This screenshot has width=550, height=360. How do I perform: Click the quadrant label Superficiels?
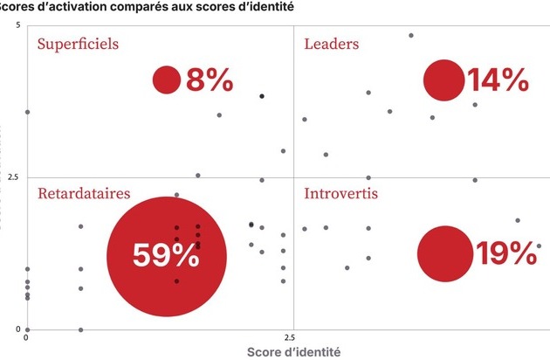pyautogui.click(x=78, y=44)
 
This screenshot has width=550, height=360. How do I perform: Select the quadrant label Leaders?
pyautogui.click(x=331, y=44)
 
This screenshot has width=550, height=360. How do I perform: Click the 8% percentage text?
pyautogui.click(x=210, y=80)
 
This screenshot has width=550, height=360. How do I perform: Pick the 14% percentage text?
pyautogui.click(x=498, y=80)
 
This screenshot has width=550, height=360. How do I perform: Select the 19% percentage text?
pyautogui.click(x=505, y=253)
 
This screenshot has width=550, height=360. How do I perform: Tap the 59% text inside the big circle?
pyautogui.click(x=166, y=255)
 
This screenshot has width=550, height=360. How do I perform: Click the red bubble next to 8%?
pyautogui.click(x=166, y=80)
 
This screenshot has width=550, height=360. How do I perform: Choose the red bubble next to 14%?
pyautogui.click(x=444, y=80)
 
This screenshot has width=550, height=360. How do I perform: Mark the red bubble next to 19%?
pyautogui.click(x=444, y=253)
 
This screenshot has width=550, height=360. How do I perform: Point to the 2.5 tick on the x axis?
pyautogui.click(x=290, y=336)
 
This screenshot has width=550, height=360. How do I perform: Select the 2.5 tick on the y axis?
pyautogui.click(x=12, y=177)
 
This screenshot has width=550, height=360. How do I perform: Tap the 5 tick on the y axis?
pyautogui.click(x=17, y=25)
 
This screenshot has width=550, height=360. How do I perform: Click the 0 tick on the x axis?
pyautogui.click(x=26, y=336)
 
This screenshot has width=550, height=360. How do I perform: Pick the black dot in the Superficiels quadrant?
pyautogui.click(x=262, y=95)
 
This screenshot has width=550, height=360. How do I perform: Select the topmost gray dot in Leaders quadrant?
pyautogui.click(x=411, y=36)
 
